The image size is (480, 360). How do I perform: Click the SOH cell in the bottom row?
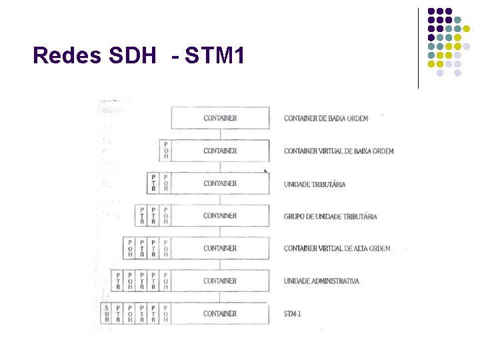[x=107, y=313]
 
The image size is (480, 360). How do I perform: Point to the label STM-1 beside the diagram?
[x=293, y=313]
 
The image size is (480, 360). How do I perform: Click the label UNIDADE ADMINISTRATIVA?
[x=321, y=281]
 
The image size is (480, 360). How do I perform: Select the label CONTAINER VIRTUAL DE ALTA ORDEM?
[x=337, y=249]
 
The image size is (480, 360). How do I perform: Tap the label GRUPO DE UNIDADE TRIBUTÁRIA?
[x=330, y=216]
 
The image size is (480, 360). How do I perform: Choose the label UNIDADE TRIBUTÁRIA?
[x=315, y=184]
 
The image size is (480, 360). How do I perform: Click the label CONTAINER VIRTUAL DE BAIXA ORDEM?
[x=339, y=151]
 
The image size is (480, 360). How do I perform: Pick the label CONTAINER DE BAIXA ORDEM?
[x=326, y=119]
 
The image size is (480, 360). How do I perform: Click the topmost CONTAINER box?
[x=220, y=118]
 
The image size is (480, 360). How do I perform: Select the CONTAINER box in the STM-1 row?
[x=220, y=313]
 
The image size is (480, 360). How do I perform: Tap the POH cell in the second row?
[x=166, y=151]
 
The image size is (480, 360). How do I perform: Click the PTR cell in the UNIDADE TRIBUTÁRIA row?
[x=153, y=183]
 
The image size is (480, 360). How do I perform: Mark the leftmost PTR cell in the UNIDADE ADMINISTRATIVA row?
[x=118, y=281]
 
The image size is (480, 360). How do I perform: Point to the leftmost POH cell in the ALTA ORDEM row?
[x=130, y=248]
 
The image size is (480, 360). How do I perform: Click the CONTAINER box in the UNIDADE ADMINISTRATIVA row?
[x=220, y=281]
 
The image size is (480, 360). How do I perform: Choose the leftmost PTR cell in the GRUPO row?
[x=141, y=215]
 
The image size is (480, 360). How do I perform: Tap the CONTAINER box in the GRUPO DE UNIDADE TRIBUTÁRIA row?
[x=220, y=216]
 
